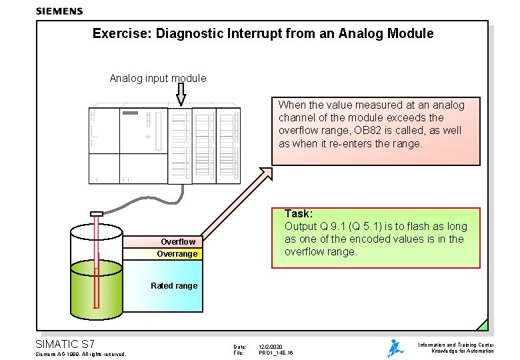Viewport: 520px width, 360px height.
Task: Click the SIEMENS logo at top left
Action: coord(59,11)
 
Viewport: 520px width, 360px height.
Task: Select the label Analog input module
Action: coord(158,78)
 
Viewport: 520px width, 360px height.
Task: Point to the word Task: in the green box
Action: coord(299,213)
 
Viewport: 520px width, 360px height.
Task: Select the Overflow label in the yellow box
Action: coord(178,242)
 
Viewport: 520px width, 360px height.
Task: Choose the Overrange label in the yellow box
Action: coord(177,254)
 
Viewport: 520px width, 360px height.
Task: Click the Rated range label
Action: coord(174,286)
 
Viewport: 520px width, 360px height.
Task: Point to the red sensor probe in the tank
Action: coord(97,260)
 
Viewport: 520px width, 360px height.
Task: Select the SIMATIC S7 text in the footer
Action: coord(65,344)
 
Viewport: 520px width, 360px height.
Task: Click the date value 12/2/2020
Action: coord(271,346)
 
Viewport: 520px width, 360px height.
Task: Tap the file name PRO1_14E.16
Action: coord(276,353)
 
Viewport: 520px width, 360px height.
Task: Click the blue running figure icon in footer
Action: coord(395,348)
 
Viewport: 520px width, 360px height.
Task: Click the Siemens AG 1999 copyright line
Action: coord(79,354)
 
